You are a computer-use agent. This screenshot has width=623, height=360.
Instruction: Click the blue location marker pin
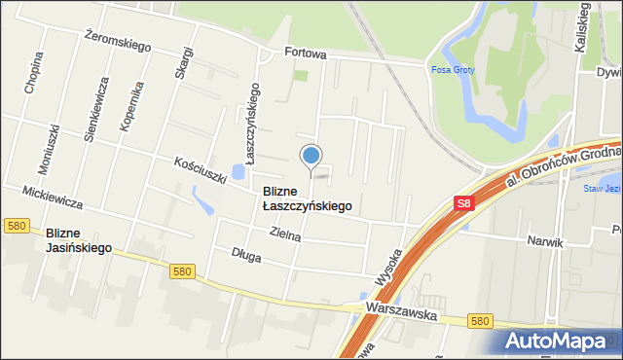311,156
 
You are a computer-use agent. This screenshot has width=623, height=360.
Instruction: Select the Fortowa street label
304,54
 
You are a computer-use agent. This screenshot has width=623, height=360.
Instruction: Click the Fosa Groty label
451,69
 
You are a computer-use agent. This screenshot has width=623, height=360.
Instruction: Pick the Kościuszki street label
200,170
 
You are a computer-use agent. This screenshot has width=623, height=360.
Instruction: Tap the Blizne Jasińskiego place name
79,240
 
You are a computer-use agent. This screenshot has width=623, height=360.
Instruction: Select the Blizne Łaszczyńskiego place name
307,198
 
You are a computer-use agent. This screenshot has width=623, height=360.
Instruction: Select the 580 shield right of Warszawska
479,320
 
